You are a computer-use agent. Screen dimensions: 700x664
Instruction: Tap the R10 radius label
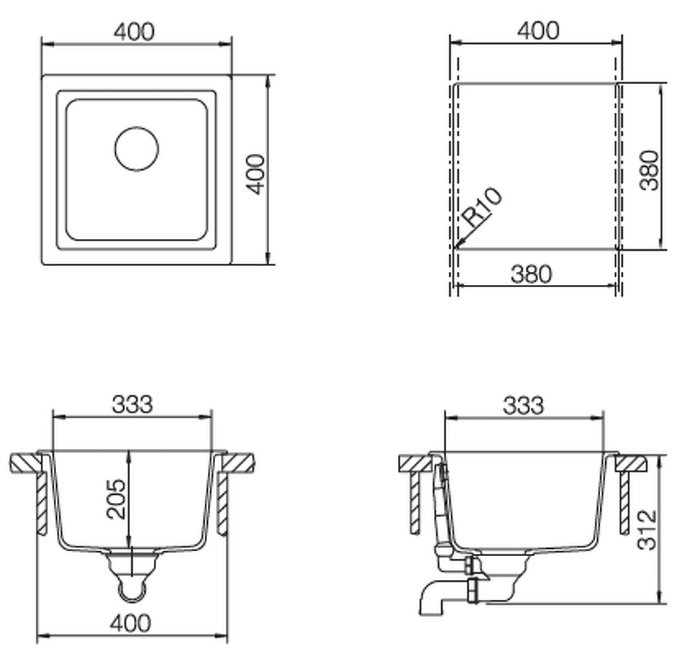482,207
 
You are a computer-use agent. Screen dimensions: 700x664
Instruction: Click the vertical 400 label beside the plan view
256,174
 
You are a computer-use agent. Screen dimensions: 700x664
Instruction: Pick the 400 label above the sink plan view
134,31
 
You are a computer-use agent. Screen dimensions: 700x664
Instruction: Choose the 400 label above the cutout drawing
538,31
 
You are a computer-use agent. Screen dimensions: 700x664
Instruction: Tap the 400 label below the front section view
131,623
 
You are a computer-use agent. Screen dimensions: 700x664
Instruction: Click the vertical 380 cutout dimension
649,171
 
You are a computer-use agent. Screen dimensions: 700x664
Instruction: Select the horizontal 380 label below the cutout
532,274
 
